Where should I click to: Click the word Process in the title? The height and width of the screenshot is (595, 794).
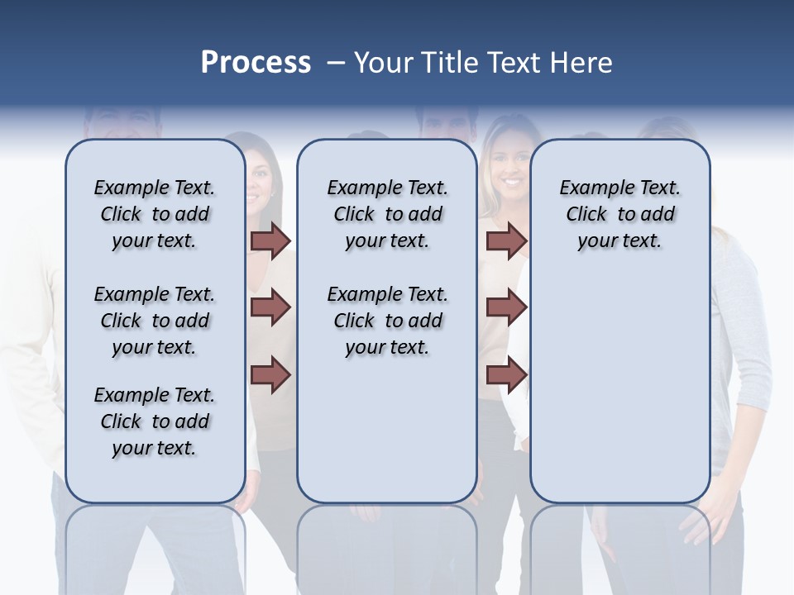tap(256, 63)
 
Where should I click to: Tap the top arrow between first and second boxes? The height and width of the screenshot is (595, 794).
tap(270, 241)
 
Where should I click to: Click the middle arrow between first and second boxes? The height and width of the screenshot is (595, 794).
tap(270, 307)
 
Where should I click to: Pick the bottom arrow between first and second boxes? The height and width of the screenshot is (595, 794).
tap(270, 374)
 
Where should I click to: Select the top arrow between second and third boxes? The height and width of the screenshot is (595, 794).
tap(506, 241)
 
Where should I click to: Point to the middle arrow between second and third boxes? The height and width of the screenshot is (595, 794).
tap(506, 307)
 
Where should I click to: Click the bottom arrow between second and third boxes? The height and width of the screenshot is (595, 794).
tap(506, 374)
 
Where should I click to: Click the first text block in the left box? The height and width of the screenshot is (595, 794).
tap(155, 214)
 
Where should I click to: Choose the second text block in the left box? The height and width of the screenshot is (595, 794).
tap(155, 321)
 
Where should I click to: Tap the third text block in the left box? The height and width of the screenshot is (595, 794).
tap(155, 421)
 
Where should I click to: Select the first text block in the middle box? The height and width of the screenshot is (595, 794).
tap(387, 214)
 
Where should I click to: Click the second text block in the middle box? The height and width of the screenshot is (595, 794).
tap(387, 321)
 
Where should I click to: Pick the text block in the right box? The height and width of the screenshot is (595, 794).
tap(619, 214)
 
